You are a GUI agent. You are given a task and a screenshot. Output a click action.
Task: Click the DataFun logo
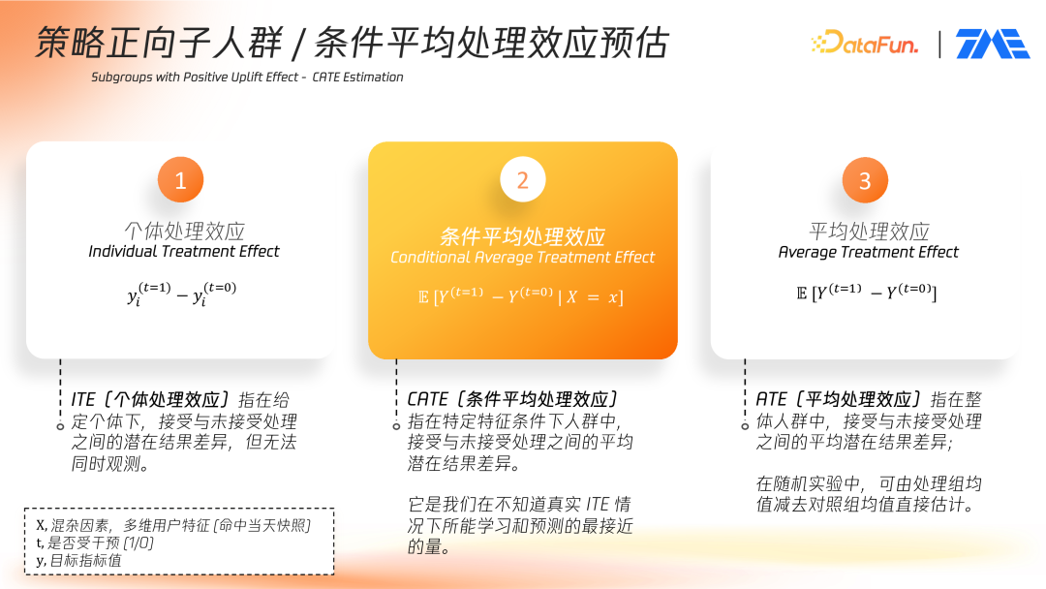click(865, 43)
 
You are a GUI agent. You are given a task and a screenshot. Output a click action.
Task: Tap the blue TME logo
click(992, 44)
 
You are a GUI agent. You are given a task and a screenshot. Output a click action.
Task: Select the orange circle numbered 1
click(180, 179)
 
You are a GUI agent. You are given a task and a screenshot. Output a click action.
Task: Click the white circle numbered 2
click(523, 179)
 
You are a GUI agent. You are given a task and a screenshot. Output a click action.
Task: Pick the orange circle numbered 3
click(865, 180)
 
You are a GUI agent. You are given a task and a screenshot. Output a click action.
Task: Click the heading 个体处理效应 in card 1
click(185, 231)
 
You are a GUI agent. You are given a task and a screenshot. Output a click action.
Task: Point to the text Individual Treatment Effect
click(184, 252)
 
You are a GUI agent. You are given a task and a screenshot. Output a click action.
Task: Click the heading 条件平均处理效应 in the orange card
click(522, 236)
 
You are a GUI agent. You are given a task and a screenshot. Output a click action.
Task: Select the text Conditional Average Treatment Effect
click(522, 258)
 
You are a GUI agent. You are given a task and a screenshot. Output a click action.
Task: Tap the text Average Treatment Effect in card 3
click(868, 252)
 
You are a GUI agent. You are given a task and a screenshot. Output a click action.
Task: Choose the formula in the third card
click(867, 293)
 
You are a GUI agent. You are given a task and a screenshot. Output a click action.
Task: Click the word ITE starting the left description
click(83, 399)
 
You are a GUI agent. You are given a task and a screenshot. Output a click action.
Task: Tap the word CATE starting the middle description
click(428, 399)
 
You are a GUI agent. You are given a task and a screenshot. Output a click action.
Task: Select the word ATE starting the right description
click(771, 399)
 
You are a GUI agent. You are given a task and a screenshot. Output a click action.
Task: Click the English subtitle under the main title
click(248, 77)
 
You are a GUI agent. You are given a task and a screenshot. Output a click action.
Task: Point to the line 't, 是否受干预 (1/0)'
click(95, 542)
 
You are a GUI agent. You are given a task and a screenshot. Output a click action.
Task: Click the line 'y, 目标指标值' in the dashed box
click(78, 560)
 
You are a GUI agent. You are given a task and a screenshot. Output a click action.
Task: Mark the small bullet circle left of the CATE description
click(396, 426)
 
